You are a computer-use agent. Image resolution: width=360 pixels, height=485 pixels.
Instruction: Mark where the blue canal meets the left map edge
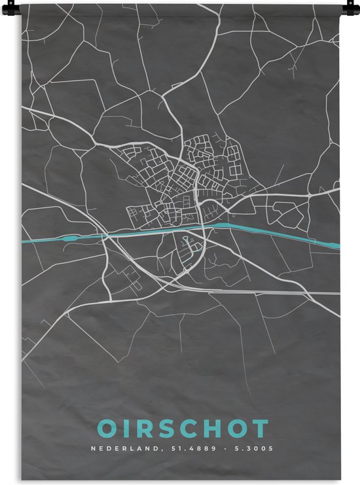[x=24, y=240]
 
